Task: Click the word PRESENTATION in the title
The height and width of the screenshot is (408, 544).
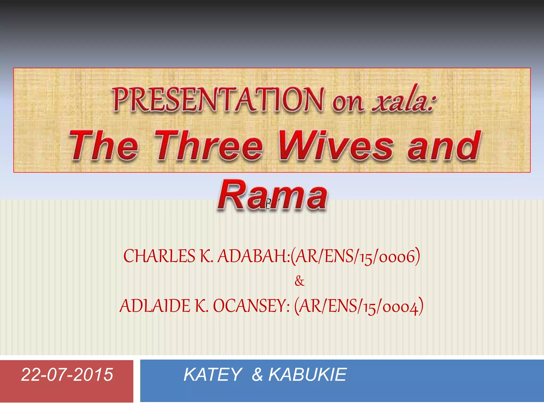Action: click(218, 100)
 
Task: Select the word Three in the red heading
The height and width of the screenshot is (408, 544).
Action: click(209, 146)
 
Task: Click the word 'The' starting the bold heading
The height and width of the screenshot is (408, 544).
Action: click(104, 146)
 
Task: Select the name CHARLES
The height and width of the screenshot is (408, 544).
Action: click(159, 256)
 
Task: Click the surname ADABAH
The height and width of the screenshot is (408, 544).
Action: click(252, 256)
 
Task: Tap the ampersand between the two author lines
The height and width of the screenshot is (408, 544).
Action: click(299, 281)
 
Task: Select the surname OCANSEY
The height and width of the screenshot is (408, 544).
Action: click(250, 306)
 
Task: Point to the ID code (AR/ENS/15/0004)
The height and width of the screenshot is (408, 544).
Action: click(359, 306)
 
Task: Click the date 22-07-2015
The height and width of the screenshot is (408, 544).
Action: click(67, 375)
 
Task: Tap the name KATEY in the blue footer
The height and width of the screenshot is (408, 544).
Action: click(212, 375)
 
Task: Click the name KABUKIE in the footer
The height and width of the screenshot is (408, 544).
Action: click(307, 375)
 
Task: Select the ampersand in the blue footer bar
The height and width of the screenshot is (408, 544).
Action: click(257, 375)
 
